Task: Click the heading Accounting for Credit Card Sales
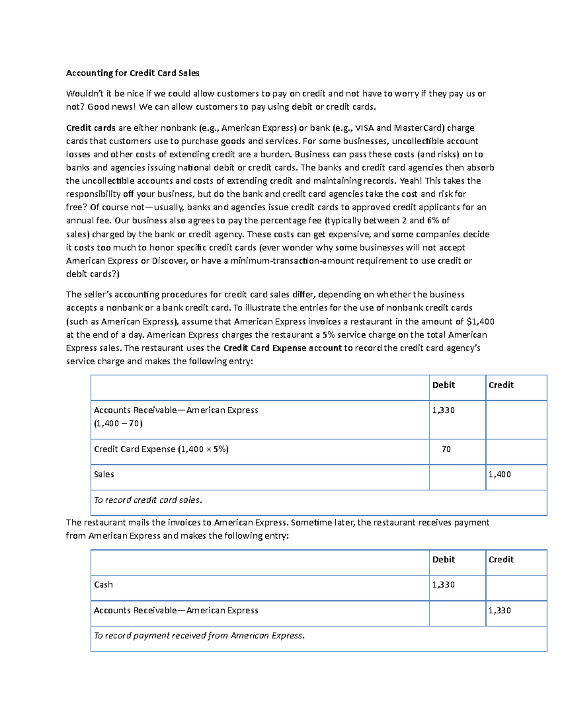click(x=133, y=73)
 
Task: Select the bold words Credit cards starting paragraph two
click(x=90, y=128)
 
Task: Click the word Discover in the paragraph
click(x=169, y=261)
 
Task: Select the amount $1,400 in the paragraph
click(x=481, y=321)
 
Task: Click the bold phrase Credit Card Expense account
click(x=282, y=348)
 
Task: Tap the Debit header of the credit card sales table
click(x=443, y=385)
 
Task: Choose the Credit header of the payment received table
click(x=501, y=559)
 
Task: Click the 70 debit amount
click(x=446, y=449)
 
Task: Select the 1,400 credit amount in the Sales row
click(x=499, y=474)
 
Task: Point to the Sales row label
click(x=104, y=474)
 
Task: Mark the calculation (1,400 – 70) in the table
click(x=118, y=423)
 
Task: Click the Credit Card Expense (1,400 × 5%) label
click(x=161, y=449)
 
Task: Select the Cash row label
click(x=104, y=585)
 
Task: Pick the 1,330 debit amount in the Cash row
click(x=443, y=585)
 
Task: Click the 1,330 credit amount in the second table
click(x=499, y=610)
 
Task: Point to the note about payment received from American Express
click(x=199, y=636)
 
